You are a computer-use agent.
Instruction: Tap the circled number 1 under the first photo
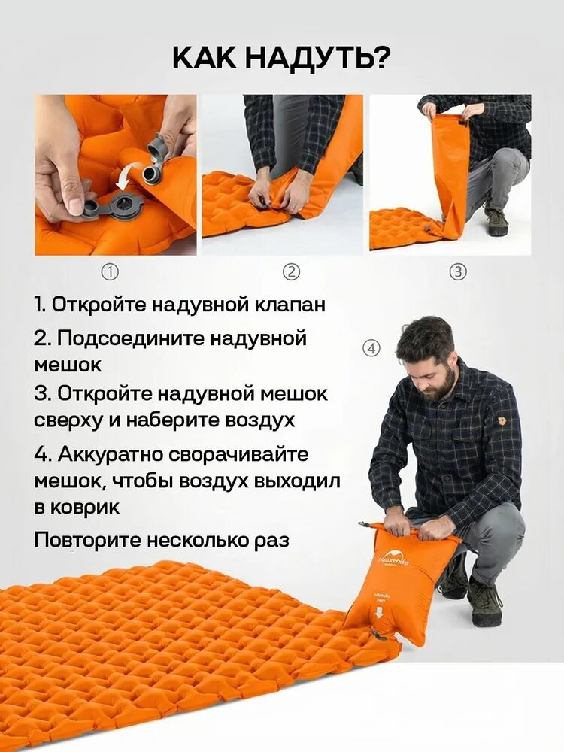111,272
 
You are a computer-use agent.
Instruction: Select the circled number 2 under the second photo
290,272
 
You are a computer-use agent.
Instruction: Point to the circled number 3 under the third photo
458,272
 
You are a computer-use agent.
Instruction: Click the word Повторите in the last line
86,541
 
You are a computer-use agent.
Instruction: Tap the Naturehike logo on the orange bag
393,562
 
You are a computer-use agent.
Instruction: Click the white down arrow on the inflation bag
379,614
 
